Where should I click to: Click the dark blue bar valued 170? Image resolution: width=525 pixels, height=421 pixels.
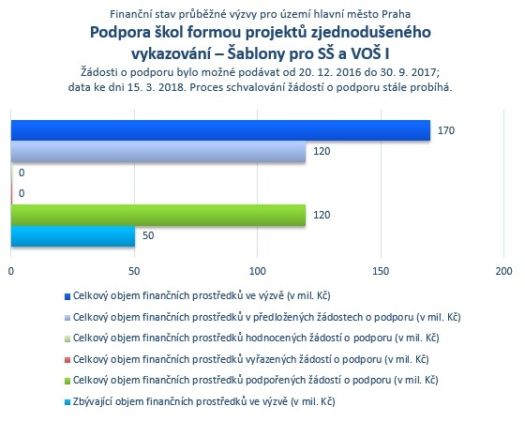tap(220, 130)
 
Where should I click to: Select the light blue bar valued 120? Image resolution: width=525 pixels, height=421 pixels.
tap(158, 151)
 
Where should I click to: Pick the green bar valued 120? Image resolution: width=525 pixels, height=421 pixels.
tap(158, 215)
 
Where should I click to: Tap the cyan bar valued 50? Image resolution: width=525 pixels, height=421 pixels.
tap(73, 236)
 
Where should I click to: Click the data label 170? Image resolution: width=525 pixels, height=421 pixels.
tap(446, 130)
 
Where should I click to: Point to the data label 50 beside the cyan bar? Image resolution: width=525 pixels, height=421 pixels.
tap(148, 235)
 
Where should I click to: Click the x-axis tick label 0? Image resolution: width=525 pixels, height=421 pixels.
tap(11, 271)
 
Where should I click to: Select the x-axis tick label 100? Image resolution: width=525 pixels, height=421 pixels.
tap(258, 271)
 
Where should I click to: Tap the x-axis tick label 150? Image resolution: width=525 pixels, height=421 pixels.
tap(381, 271)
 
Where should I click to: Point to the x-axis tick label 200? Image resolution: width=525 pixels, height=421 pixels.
tap(504, 271)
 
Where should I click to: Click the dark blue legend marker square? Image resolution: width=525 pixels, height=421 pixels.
tap(67, 296)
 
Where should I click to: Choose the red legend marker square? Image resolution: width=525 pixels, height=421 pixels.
tap(67, 360)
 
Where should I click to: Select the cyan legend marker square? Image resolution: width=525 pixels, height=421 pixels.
tap(67, 402)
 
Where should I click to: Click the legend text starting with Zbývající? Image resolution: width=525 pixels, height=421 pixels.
tap(204, 401)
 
